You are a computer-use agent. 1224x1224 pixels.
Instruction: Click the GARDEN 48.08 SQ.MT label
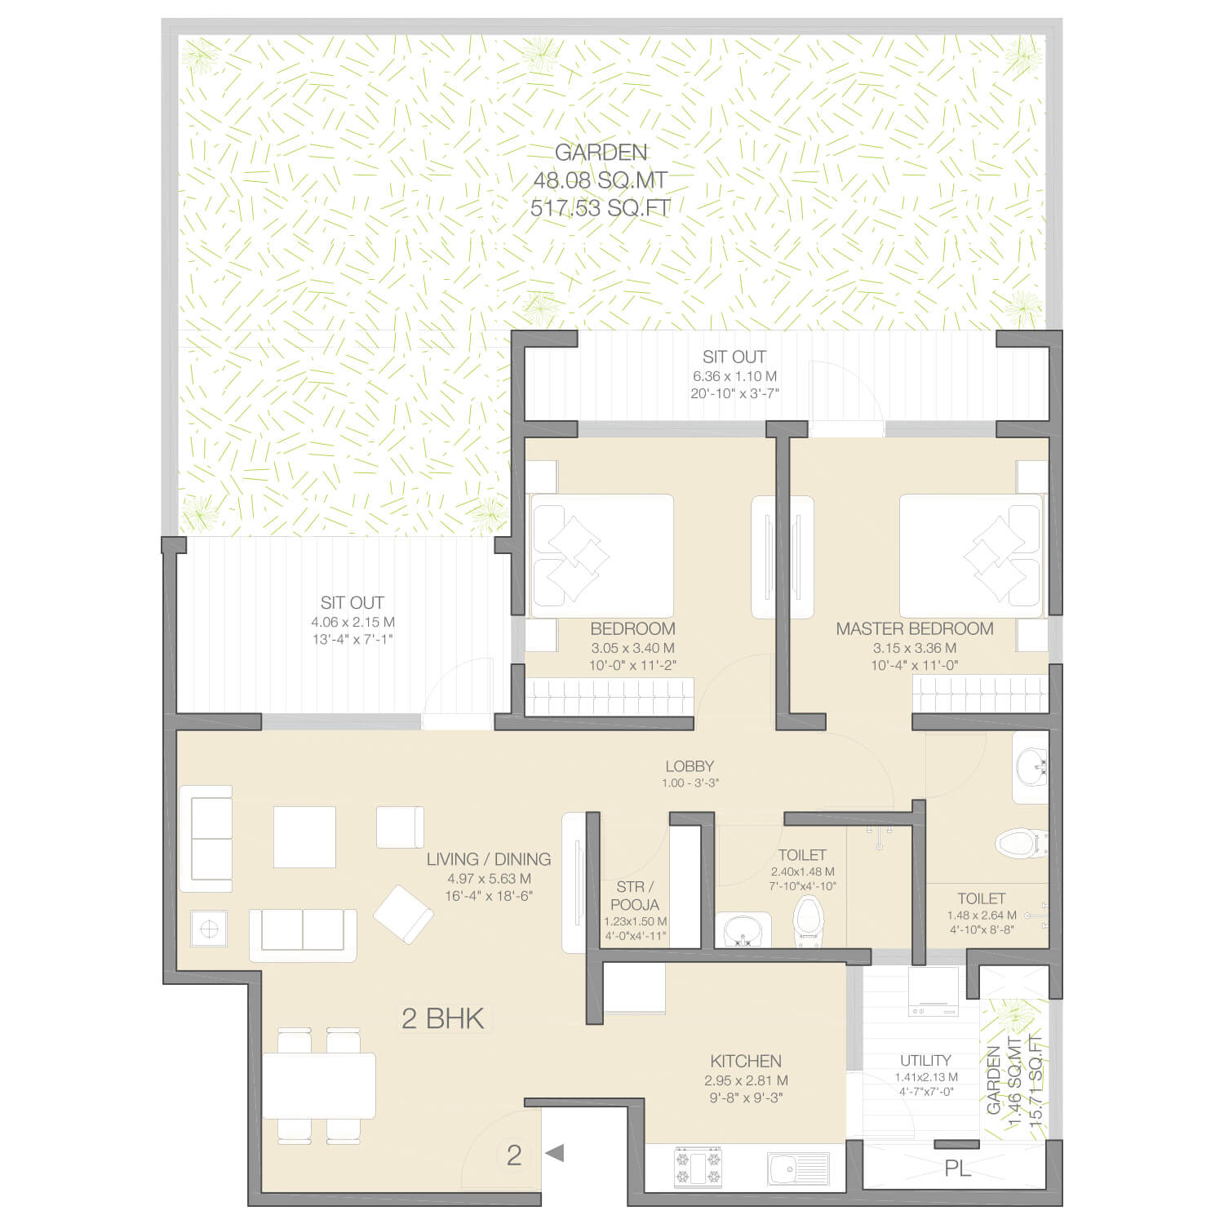click(x=601, y=166)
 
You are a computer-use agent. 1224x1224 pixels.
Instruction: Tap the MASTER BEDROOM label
click(x=915, y=628)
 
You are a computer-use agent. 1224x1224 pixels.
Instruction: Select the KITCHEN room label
click(x=746, y=1061)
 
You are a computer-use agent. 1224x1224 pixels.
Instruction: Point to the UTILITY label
click(x=925, y=1060)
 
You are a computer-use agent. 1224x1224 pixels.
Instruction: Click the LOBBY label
click(x=690, y=766)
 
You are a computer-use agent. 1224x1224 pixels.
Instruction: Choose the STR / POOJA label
click(x=634, y=895)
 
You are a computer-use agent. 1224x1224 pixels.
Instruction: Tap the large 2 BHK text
click(x=443, y=1018)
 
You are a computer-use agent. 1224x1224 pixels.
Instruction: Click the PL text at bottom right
click(x=958, y=1169)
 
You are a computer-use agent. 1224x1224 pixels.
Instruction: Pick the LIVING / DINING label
click(x=489, y=858)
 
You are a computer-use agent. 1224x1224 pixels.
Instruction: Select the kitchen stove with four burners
click(x=697, y=1167)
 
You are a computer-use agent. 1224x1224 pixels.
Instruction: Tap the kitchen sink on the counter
click(x=798, y=1169)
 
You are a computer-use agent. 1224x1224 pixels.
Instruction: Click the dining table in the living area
click(x=319, y=1085)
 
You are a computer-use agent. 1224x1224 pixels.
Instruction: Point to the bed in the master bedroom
click(x=971, y=555)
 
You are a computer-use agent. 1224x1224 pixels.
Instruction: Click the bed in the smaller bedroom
click(x=602, y=555)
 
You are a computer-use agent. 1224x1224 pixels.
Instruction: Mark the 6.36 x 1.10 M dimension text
click(x=734, y=376)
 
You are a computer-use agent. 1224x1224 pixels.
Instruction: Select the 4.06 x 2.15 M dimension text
click(x=353, y=622)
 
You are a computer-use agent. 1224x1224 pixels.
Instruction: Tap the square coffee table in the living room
click(x=304, y=836)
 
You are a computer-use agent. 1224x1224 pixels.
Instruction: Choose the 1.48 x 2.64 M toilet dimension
click(x=982, y=916)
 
